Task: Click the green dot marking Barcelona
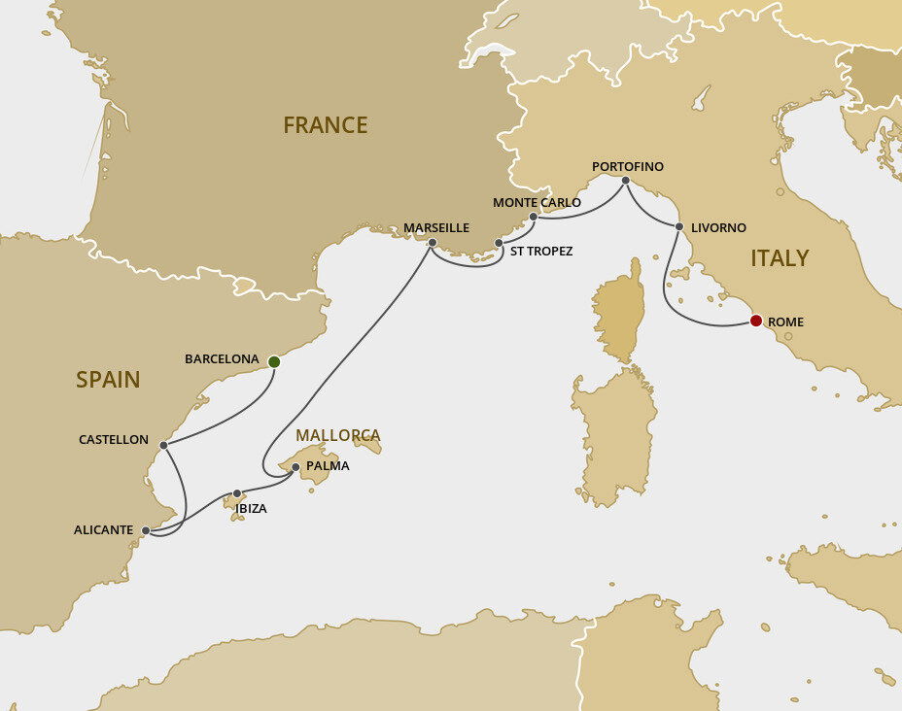(x=274, y=361)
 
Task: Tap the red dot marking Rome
(x=755, y=321)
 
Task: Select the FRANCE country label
(x=325, y=125)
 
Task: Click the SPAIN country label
(x=108, y=380)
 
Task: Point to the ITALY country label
(x=780, y=258)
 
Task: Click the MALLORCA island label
(x=338, y=435)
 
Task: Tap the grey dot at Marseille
(x=433, y=243)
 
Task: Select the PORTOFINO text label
(x=628, y=167)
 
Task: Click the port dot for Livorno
(x=679, y=227)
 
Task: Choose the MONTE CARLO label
(x=537, y=203)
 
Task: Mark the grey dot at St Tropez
(x=499, y=243)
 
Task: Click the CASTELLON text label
(x=114, y=440)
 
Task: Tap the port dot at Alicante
(x=146, y=530)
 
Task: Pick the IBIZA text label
(x=250, y=508)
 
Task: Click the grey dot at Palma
(x=295, y=466)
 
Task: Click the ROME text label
(x=785, y=322)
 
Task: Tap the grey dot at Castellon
(x=163, y=445)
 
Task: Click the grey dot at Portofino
(x=625, y=181)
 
